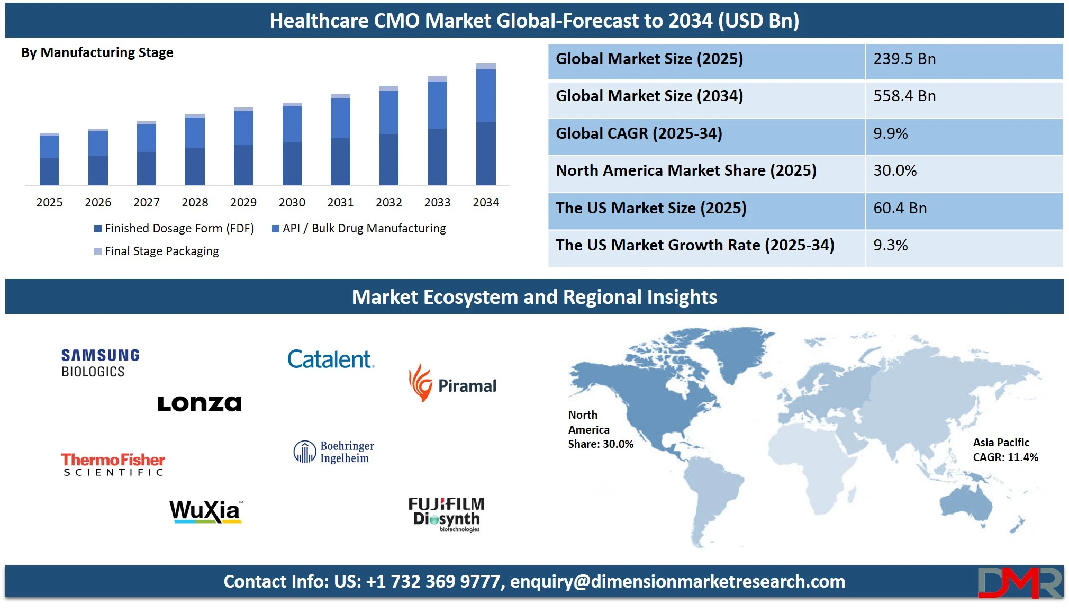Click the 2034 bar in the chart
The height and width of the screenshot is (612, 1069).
click(x=486, y=124)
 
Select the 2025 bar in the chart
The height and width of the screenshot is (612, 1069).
click(x=49, y=159)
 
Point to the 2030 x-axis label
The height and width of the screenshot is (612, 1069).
click(x=292, y=202)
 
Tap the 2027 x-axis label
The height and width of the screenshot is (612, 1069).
click(x=147, y=202)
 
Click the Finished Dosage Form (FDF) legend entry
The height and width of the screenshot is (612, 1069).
click(x=174, y=228)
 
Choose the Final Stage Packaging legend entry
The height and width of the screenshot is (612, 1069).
click(x=157, y=251)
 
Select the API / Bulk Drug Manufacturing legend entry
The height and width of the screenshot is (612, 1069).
click(x=359, y=228)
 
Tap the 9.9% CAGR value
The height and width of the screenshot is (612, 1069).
click(x=890, y=133)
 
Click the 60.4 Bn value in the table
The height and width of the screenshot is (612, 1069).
click(x=900, y=208)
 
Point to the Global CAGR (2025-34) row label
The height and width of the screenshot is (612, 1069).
click(x=639, y=133)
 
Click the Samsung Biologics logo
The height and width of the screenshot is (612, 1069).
click(x=100, y=363)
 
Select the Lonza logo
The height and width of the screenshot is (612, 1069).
click(x=200, y=403)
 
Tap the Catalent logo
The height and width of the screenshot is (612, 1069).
click(x=331, y=359)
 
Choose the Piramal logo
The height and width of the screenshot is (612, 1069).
click(x=452, y=383)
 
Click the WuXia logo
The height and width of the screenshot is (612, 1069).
click(x=206, y=511)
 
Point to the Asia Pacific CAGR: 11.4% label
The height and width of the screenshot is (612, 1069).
click(x=1005, y=449)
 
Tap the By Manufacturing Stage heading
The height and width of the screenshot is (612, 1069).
click(x=97, y=52)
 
